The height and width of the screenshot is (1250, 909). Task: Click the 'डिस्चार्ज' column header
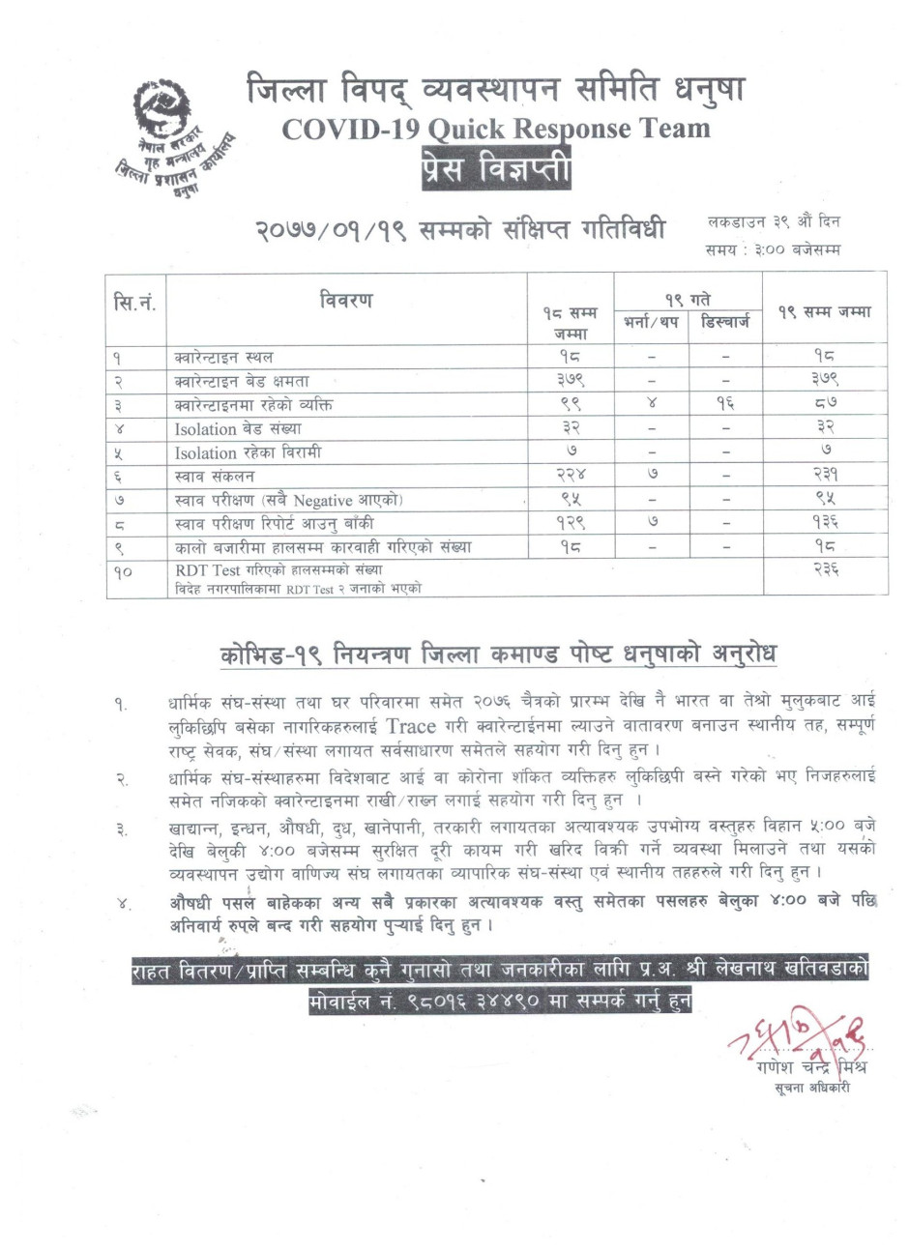coord(725,321)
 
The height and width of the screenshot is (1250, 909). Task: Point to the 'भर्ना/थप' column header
coord(651,321)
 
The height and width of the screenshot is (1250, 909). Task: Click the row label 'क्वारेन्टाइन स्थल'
coord(224,358)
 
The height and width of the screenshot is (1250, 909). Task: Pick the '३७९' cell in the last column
coord(825,381)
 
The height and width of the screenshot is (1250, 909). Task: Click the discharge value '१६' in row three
coord(725,405)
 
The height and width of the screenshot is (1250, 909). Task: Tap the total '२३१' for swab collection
coord(825,477)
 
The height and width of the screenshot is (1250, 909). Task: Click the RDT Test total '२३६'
coord(825,571)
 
